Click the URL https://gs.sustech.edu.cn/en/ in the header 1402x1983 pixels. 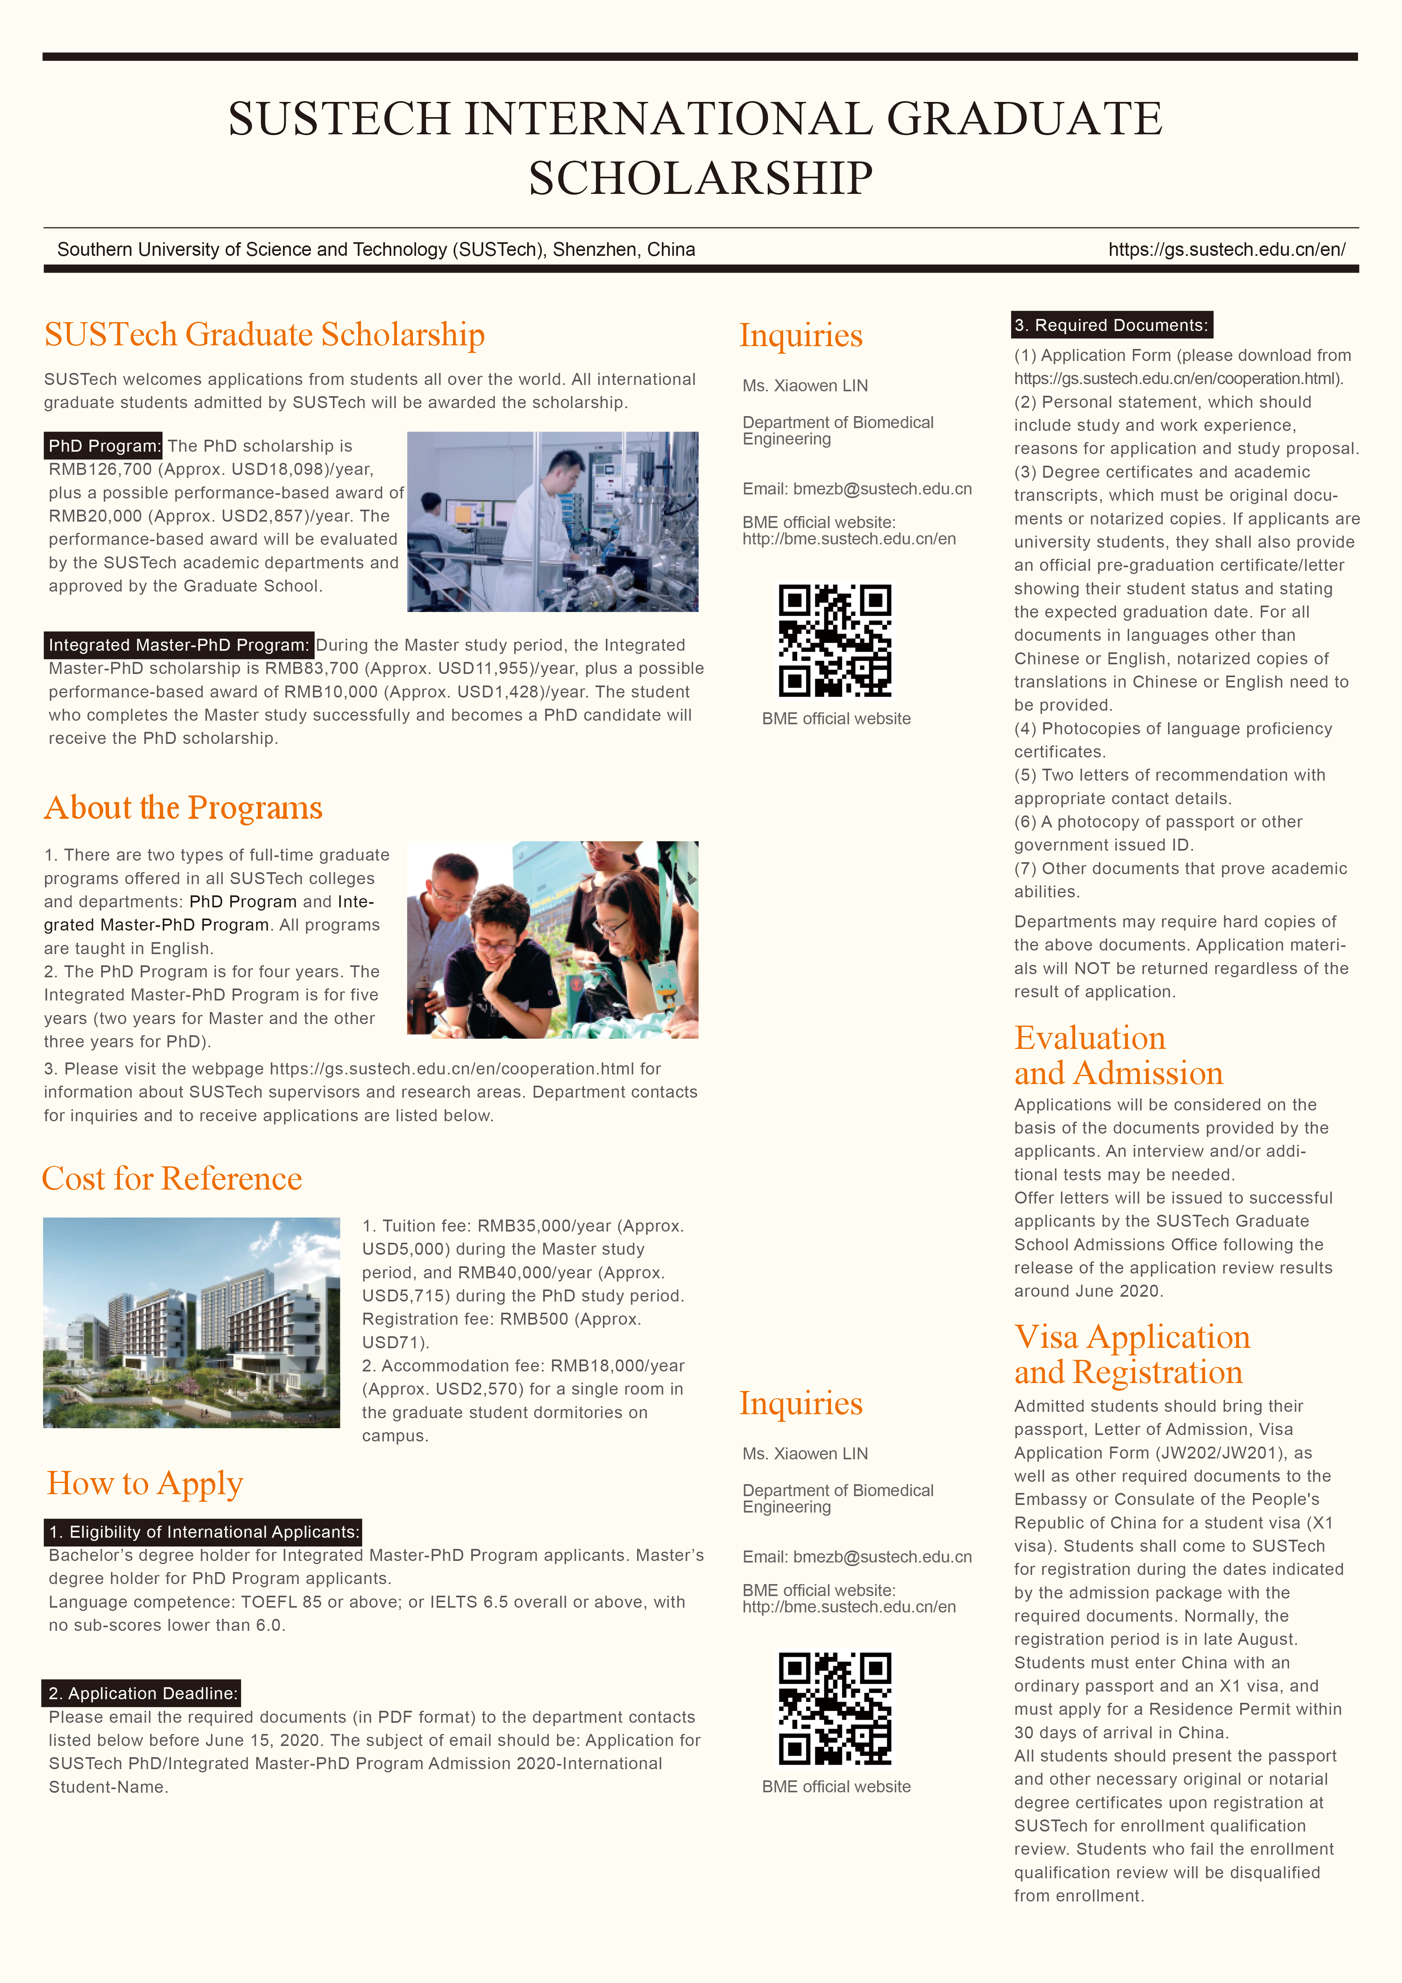[1226, 249]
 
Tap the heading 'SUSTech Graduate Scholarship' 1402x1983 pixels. [264, 335]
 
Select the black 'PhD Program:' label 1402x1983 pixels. [104, 446]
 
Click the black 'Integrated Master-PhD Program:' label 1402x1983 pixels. [179, 645]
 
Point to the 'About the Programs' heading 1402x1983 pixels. [183, 807]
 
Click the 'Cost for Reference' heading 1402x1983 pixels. [172, 1179]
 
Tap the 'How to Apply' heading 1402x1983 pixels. [145, 1483]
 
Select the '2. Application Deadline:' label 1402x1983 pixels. [141, 1693]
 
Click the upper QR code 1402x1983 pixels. [835, 641]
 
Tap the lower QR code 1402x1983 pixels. [835, 1708]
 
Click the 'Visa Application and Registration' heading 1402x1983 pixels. [1132, 1354]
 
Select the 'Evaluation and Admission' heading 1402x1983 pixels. [1118, 1055]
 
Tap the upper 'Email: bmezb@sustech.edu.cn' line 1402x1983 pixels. [856, 489]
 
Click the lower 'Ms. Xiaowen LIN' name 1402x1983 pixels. [805, 1453]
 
